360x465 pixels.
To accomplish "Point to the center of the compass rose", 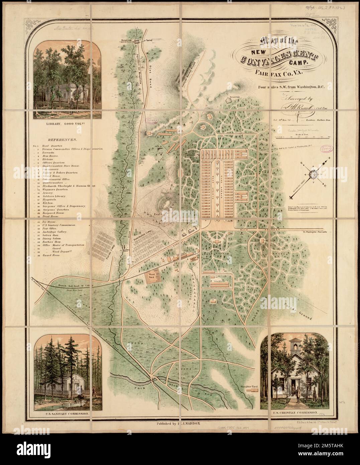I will [314, 174].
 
